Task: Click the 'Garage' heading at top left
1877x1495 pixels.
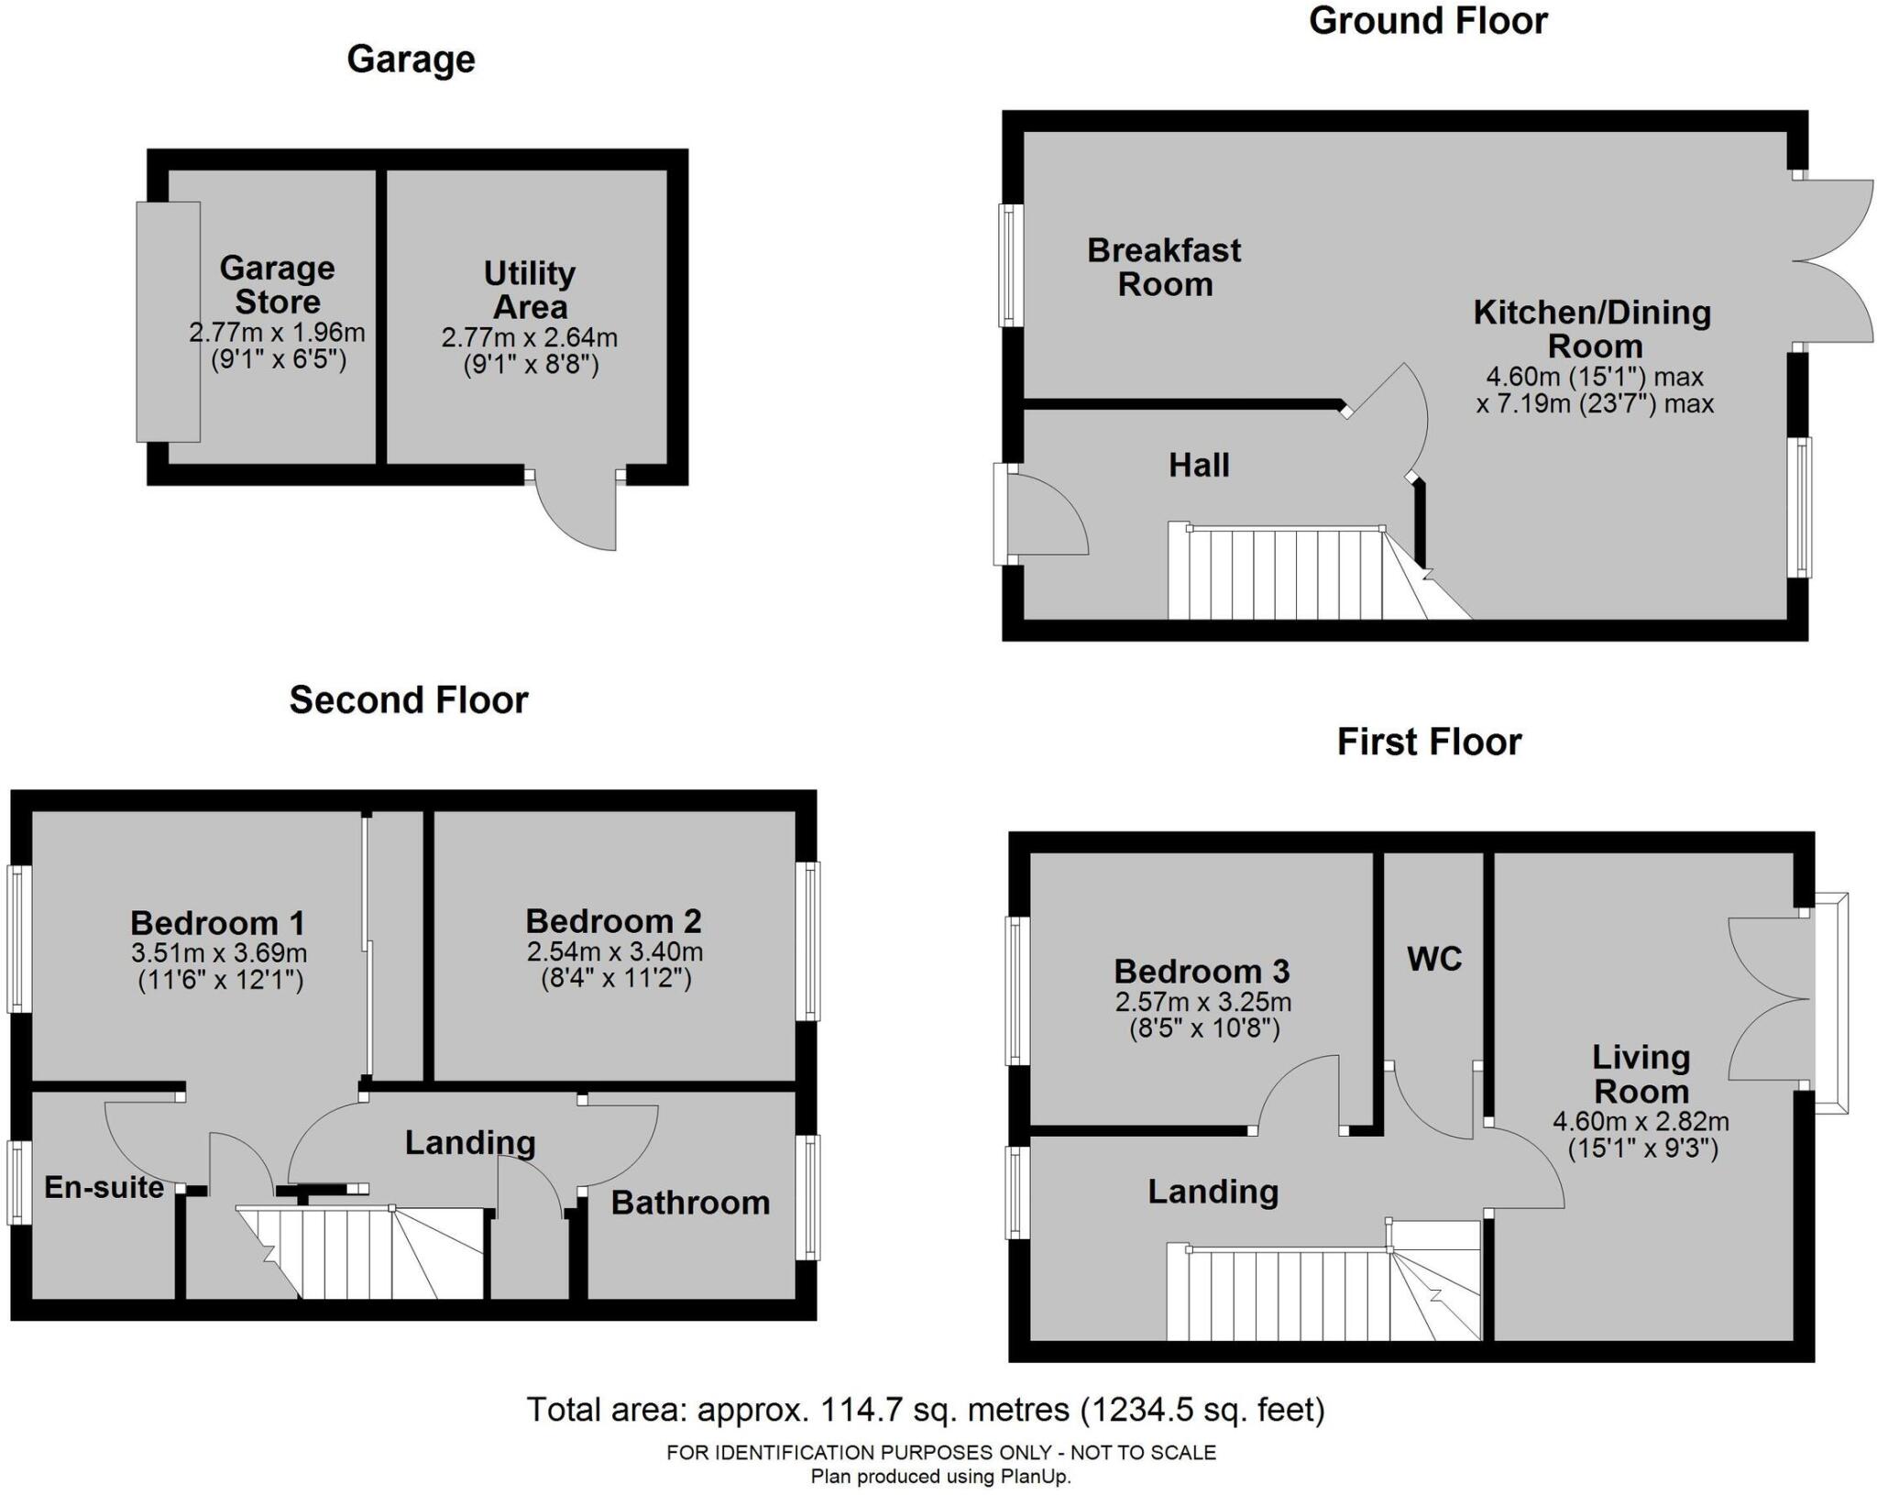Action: (411, 60)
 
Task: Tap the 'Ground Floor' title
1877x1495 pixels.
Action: (1428, 21)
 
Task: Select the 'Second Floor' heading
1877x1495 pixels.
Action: (409, 700)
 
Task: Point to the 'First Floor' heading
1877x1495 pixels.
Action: (1429, 742)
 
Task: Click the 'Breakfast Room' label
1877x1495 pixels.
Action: (1164, 267)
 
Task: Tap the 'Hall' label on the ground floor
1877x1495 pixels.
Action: (1199, 466)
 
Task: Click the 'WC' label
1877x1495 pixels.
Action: (1434, 959)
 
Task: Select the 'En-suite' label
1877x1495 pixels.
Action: (104, 1187)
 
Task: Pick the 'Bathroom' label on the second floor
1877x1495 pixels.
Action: (690, 1203)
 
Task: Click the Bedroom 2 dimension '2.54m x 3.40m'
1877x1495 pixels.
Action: (615, 951)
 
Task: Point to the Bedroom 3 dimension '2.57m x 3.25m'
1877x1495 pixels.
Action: (1203, 1002)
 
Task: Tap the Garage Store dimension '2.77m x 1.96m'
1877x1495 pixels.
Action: (277, 333)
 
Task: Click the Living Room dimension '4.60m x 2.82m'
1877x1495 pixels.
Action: (1641, 1120)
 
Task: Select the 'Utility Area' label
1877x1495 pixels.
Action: (530, 290)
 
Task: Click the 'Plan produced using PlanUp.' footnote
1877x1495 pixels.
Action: (940, 1477)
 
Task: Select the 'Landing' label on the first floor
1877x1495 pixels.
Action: (1213, 1192)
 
